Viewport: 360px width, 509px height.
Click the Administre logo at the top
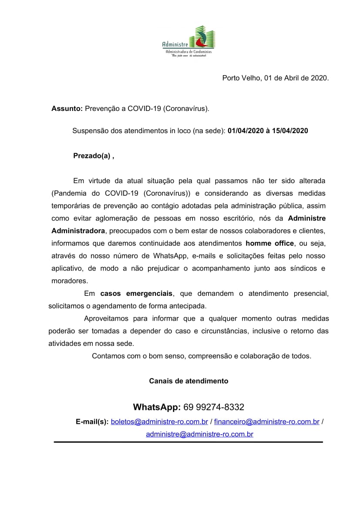pyautogui.click(x=188, y=41)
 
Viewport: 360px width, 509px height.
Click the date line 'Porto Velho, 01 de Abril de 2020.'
pyautogui.click(x=275, y=78)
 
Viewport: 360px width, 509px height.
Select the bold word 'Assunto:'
pyautogui.click(x=67, y=108)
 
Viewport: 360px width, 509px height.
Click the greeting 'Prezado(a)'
pyautogui.click(x=91, y=156)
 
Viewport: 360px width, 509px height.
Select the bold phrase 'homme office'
pyautogui.click(x=270, y=243)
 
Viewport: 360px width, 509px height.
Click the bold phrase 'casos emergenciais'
pyautogui.click(x=136, y=294)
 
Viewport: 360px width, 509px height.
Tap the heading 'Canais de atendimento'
pyautogui.click(x=188, y=381)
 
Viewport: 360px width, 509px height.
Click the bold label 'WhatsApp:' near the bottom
pyautogui.click(x=157, y=408)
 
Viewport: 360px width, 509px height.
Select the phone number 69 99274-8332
pyautogui.click(x=214, y=408)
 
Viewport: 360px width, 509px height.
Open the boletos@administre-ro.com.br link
pyautogui.click(x=159, y=422)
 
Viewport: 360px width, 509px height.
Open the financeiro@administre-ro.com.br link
pyautogui.click(x=267, y=422)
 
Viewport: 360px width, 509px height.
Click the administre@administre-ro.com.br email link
pyautogui.click(x=199, y=434)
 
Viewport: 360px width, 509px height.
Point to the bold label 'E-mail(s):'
pyautogui.click(x=92, y=422)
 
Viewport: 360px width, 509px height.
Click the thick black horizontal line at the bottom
pyautogui.click(x=188, y=442)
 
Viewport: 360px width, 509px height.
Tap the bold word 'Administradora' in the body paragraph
pyautogui.click(x=78, y=231)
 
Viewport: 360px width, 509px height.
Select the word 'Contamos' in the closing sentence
pyautogui.click(x=107, y=356)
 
